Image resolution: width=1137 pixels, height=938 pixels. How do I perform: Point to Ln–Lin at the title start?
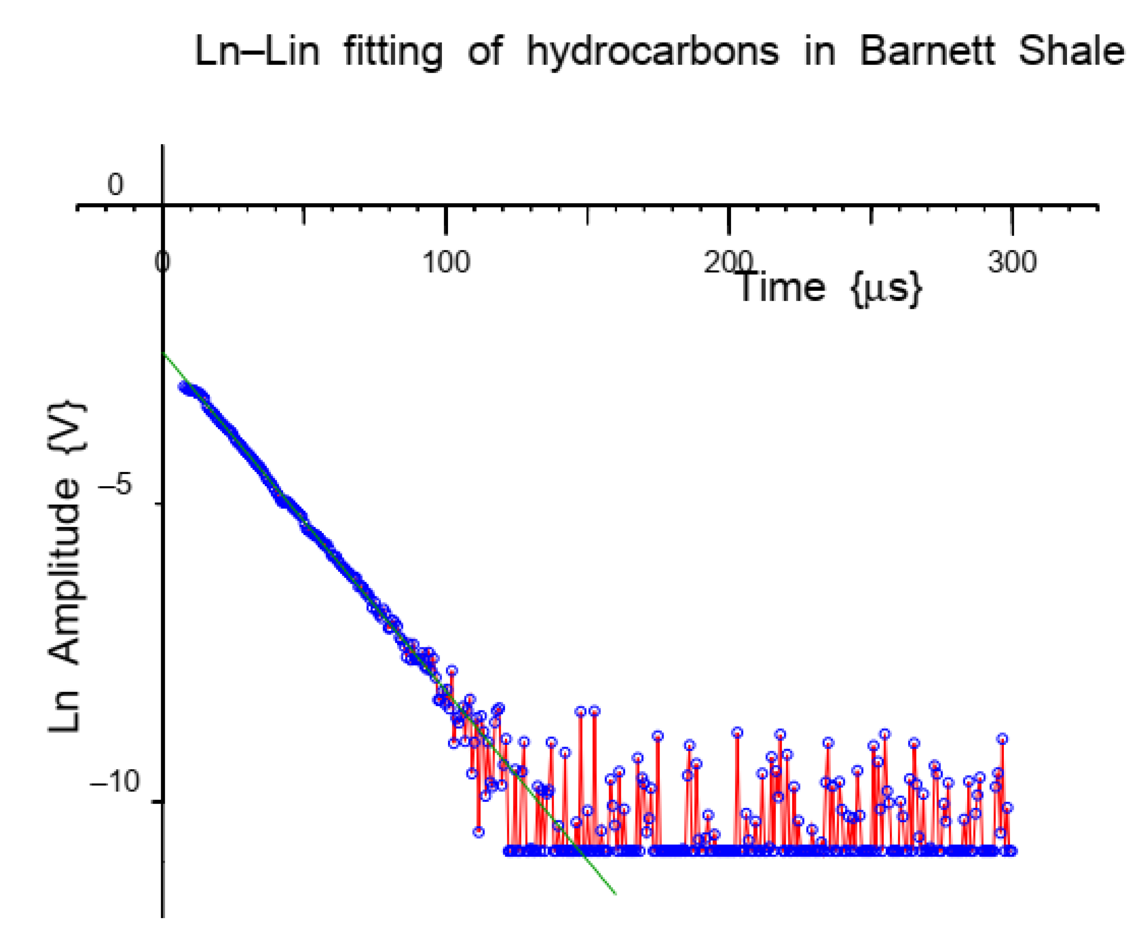tap(257, 52)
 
